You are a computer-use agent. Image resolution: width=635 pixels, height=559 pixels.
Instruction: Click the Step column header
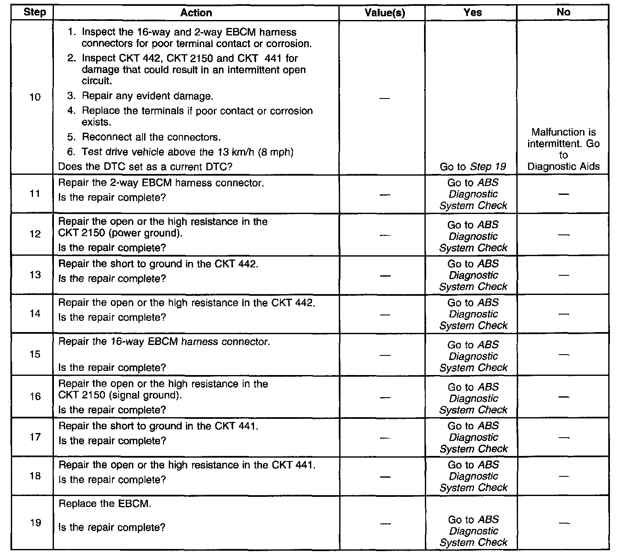35,12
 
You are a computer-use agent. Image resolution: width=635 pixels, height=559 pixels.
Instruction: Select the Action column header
196,13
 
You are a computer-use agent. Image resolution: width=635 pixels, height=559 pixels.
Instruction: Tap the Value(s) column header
384,13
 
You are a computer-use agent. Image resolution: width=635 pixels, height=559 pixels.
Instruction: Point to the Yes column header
472,13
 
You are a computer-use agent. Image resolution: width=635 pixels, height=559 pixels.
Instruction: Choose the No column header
563,12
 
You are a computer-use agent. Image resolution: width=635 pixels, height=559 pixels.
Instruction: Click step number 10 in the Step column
35,97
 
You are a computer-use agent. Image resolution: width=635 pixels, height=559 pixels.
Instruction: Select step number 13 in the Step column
35,274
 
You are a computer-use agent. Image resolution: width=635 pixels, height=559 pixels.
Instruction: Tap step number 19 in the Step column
36,523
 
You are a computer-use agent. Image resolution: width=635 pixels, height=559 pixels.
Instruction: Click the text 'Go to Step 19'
473,167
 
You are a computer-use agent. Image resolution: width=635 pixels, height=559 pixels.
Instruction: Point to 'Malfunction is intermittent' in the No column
563,138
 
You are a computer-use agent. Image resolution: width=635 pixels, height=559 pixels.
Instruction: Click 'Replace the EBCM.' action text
105,504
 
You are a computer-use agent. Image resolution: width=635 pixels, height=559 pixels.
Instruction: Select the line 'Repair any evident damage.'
147,96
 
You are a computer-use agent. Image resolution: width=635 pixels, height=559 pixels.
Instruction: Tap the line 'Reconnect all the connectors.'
151,137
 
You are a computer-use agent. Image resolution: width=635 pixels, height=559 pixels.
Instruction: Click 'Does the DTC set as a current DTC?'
145,167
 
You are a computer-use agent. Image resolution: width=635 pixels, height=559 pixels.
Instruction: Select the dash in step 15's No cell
564,355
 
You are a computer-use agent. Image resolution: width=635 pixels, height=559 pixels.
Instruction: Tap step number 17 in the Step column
35,437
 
